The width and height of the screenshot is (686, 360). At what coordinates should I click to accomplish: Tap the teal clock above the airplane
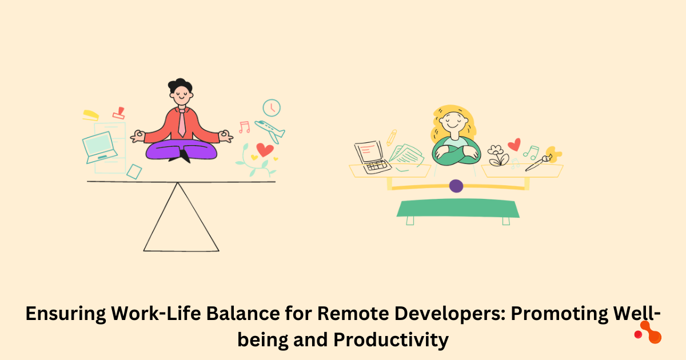click(x=272, y=107)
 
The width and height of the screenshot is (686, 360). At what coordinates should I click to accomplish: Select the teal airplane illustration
click(x=270, y=131)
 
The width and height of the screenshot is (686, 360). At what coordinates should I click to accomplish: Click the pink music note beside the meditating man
click(x=244, y=126)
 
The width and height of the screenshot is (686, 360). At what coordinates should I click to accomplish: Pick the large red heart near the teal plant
click(x=264, y=150)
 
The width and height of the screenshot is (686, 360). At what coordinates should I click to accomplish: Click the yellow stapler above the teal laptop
click(x=90, y=115)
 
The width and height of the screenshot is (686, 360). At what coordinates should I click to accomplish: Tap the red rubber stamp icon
click(x=119, y=112)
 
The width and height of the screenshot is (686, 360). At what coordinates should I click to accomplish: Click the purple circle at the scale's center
click(x=456, y=186)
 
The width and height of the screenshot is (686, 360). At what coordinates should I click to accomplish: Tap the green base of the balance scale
click(x=458, y=208)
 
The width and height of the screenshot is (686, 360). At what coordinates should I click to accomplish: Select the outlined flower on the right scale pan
click(x=498, y=155)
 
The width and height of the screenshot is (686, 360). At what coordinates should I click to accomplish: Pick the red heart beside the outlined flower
click(x=514, y=145)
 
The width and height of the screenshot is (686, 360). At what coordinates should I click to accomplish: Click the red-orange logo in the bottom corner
click(x=649, y=331)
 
